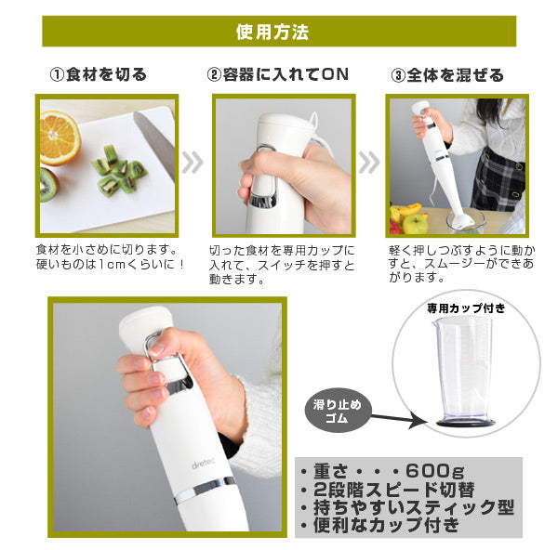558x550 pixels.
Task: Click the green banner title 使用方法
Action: [x=272, y=32]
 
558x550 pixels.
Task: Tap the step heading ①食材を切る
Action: [x=99, y=74]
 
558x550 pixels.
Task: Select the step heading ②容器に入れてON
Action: [x=277, y=74]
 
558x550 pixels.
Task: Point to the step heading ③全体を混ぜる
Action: [x=447, y=75]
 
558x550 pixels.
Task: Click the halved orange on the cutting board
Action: [x=59, y=137]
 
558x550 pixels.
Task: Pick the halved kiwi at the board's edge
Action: [x=48, y=185]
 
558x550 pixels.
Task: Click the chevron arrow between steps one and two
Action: [x=193, y=163]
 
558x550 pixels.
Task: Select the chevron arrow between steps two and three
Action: [x=369, y=163]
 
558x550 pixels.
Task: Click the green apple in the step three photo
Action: [x=416, y=224]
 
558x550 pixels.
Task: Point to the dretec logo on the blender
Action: [x=203, y=464]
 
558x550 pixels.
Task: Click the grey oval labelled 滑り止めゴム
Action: [x=337, y=411]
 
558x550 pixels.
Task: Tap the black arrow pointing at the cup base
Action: [x=398, y=418]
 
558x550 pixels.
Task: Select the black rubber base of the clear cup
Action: [x=466, y=423]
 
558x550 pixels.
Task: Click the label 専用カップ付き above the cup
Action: [x=466, y=308]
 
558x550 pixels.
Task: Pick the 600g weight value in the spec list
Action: [x=435, y=471]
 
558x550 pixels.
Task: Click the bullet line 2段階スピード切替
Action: [x=388, y=490]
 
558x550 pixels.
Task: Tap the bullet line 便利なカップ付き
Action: [x=380, y=525]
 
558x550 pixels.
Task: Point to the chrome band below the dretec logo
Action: [x=206, y=489]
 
